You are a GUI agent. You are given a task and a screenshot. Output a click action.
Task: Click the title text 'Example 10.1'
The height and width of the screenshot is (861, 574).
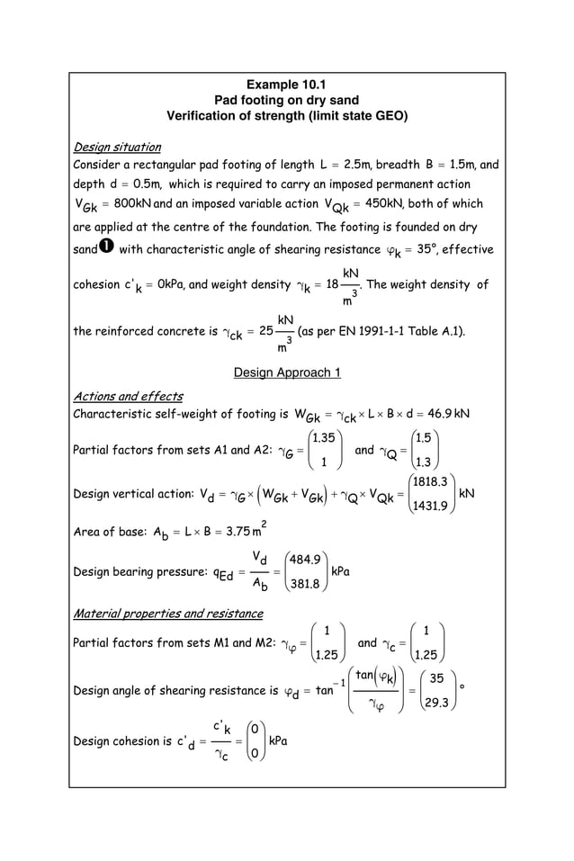[x=286, y=85]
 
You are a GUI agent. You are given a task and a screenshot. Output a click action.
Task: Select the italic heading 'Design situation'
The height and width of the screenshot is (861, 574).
[x=117, y=147]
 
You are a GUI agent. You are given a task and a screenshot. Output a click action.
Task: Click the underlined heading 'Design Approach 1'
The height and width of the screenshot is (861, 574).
[x=286, y=372]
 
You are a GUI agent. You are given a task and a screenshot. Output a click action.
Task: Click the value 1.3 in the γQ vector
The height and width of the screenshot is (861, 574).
[x=426, y=462]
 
